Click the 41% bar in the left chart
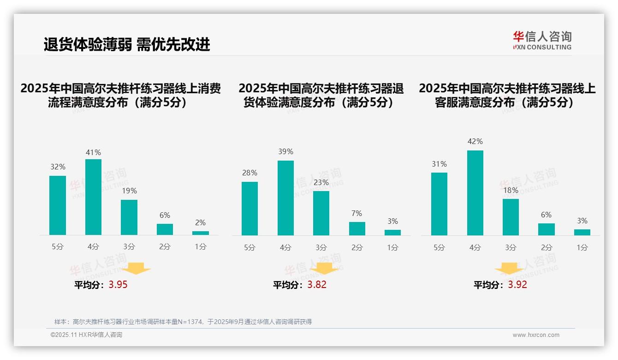pos(93,197)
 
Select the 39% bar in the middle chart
pos(285,198)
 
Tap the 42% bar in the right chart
pos(475,193)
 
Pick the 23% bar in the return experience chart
pos(321,213)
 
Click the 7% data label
pos(356,213)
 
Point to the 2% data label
pos(200,222)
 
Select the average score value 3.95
pos(118,285)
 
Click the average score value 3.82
pos(317,285)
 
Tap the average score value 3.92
pos(517,285)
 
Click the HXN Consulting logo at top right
pos(542,40)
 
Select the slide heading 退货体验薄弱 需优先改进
pos(127,44)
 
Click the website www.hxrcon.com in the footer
pos(536,335)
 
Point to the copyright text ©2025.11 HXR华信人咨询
pos(86,335)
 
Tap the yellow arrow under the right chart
pos(509,269)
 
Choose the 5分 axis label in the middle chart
pos(250,248)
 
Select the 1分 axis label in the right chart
pos(582,248)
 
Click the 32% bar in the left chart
pos(58,205)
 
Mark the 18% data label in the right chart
pos(511,190)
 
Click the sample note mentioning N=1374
pos(183,322)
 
